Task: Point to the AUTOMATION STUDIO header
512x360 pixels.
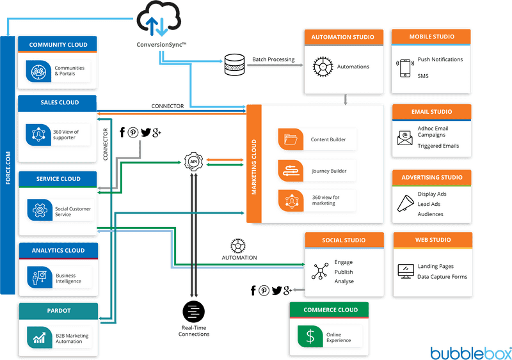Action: tap(344, 37)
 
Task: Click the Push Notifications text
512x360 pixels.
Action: tap(440, 59)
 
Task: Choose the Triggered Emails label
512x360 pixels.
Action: tap(439, 146)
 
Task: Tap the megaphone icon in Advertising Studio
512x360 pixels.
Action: tap(406, 203)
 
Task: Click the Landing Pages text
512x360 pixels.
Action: tap(436, 266)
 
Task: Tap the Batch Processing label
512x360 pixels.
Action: tap(273, 59)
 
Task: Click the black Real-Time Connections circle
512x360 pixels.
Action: tap(193, 312)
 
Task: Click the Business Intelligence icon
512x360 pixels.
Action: tap(38, 277)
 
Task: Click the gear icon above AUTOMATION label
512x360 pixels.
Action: tap(239, 245)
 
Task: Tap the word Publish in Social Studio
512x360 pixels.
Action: tap(344, 272)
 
